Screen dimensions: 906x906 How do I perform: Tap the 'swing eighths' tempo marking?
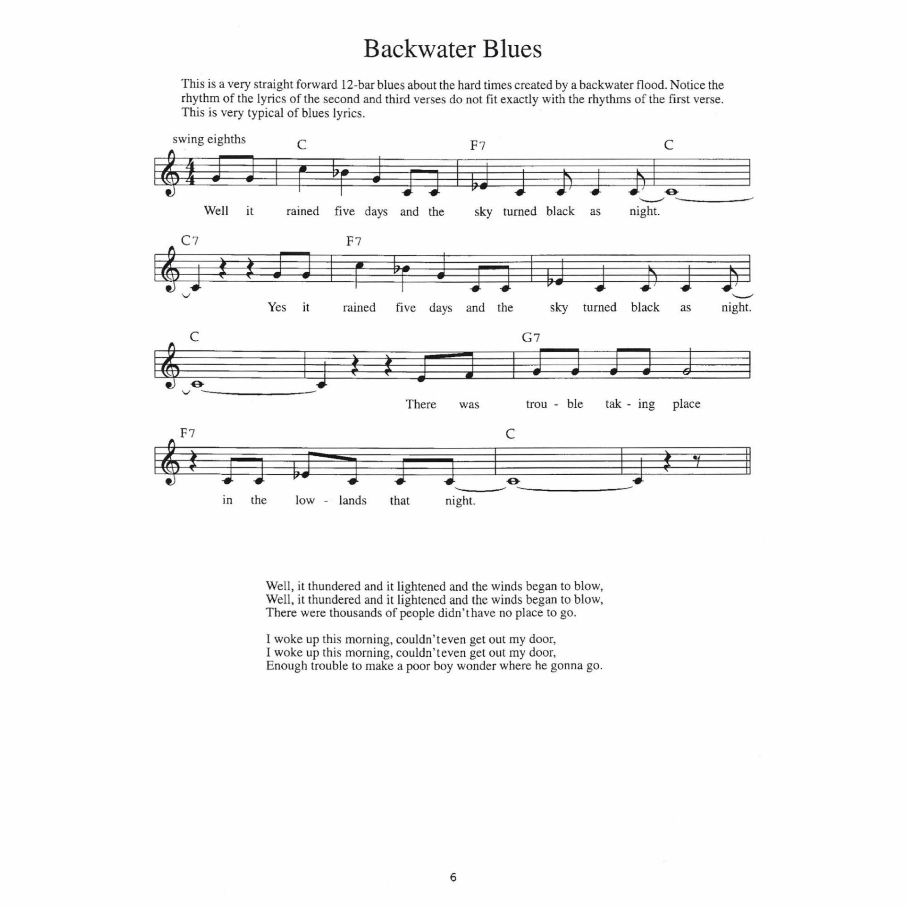coord(209,139)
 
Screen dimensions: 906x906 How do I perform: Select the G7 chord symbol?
coord(531,337)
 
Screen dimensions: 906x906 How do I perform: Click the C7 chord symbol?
coord(190,241)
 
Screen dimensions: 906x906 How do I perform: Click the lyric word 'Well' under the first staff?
coord(216,210)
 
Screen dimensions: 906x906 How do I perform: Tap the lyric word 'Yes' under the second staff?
coord(277,307)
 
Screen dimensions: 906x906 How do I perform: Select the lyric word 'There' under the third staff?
coord(421,404)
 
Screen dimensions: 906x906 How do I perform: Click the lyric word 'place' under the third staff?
coord(686,404)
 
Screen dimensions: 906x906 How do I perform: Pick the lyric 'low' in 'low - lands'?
coord(305,500)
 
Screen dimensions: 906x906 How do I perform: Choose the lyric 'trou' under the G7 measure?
coord(536,404)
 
